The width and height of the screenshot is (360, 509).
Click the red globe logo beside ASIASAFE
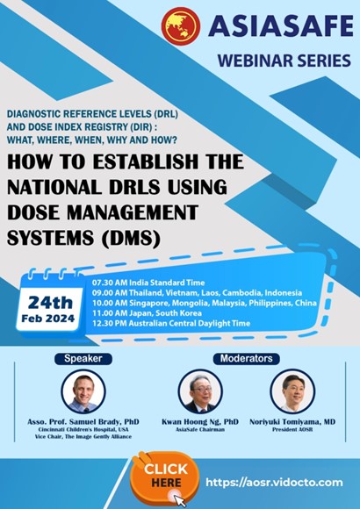pos(181,26)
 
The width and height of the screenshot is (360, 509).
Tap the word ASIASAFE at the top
pos(281,26)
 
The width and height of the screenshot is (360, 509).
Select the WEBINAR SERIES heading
pos(284,61)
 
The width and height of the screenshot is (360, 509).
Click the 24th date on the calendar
pos(50,303)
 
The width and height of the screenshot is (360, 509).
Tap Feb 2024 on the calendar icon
pos(48,319)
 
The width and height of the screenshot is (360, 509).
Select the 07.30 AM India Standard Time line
pos(148,283)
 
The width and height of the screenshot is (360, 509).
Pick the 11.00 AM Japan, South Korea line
pos(147,313)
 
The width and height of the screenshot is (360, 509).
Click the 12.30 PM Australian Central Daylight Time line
pos(171,323)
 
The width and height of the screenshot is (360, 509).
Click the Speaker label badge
pos(83,359)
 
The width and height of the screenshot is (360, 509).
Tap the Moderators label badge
pos(246,358)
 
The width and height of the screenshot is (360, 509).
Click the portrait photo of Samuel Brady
pos(83,391)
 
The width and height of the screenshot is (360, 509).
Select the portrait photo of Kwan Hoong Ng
pos(200,391)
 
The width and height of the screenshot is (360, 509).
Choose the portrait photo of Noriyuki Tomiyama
pos(292,391)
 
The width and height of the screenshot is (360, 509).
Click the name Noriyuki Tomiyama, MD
pos(292,421)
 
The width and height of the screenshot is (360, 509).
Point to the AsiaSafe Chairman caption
pos(200,429)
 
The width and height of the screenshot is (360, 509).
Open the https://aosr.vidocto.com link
pos(274,483)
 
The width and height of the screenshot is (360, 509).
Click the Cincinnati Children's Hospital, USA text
pos(83,429)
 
